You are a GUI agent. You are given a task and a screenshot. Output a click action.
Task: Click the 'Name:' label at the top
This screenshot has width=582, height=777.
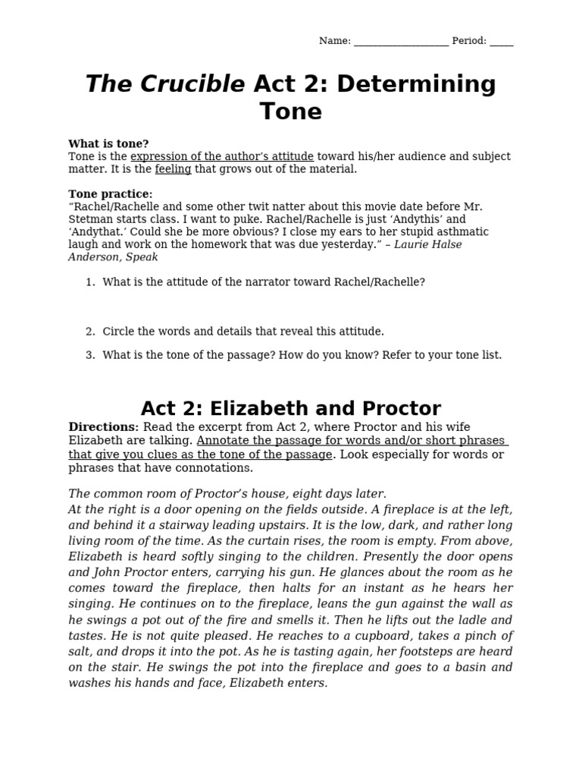[334, 41]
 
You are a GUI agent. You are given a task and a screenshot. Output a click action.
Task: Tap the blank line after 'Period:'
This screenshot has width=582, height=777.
[501, 42]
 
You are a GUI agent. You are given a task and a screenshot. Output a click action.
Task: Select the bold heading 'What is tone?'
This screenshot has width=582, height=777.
[108, 143]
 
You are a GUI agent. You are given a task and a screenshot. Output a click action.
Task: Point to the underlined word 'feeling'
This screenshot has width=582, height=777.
[173, 169]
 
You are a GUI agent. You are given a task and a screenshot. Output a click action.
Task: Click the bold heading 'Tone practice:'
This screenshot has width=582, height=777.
[110, 194]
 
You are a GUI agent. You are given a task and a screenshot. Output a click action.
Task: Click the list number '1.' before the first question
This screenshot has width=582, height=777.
[90, 282]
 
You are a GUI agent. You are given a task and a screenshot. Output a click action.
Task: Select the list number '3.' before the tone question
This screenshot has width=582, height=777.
[90, 355]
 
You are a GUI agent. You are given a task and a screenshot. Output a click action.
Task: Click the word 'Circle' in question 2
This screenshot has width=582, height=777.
[119, 332]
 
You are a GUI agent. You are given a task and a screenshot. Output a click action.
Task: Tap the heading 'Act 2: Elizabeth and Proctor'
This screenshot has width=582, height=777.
[291, 408]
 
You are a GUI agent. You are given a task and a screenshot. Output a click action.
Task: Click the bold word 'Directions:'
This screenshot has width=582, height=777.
[104, 427]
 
